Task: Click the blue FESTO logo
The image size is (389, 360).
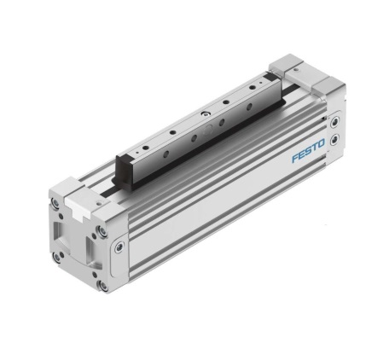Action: point(309,154)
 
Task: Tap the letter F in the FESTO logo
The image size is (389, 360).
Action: point(295,160)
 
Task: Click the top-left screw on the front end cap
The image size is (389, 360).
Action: point(56,204)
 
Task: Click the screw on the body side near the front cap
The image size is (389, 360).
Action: point(119,248)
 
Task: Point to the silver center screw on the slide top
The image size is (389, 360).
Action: point(205,113)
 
